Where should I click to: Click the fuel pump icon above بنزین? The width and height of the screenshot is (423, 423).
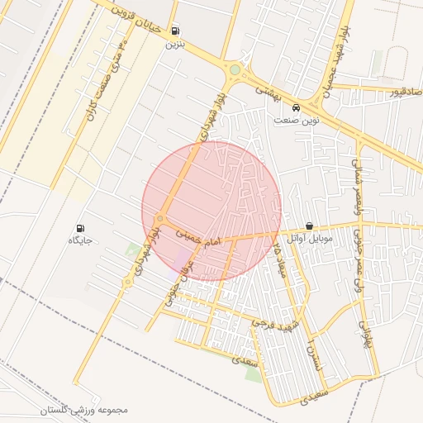click(175, 31)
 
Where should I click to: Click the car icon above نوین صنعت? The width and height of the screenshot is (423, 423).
click(296, 107)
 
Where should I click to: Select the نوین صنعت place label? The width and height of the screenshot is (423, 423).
click(297, 120)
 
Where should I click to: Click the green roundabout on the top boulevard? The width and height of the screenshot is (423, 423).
click(235, 70)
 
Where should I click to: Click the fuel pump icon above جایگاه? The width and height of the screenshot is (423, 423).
click(80, 228)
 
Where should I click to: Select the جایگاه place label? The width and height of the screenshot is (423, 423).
click(80, 240)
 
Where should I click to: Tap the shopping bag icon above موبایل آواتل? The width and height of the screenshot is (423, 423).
click(309, 226)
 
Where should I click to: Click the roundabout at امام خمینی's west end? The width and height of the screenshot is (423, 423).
click(159, 219)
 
